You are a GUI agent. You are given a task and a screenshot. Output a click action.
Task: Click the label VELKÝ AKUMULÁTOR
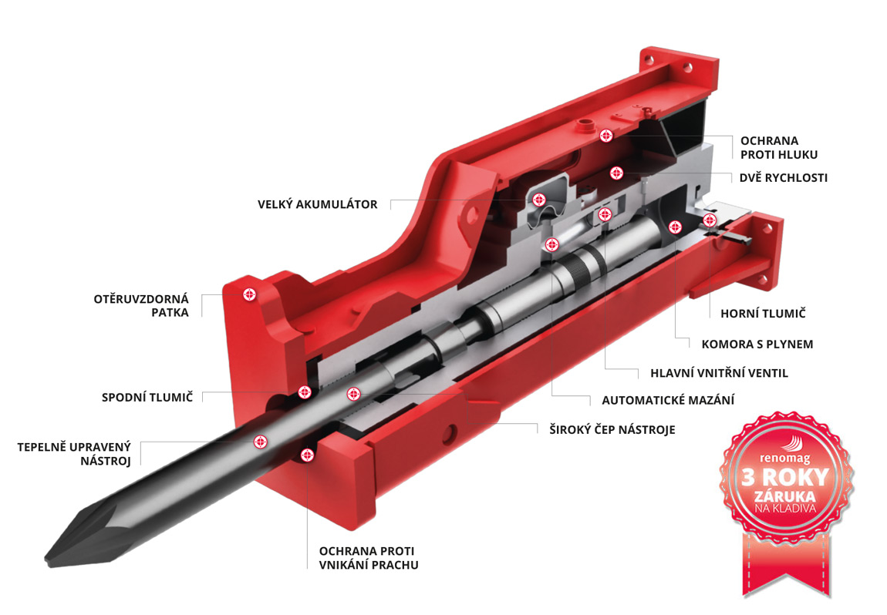point(317,204)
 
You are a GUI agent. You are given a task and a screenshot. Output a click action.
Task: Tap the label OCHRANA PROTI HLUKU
point(769,148)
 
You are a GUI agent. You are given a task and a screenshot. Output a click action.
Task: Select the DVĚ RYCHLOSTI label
point(783,178)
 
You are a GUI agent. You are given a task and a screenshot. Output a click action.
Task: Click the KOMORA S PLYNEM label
point(757,344)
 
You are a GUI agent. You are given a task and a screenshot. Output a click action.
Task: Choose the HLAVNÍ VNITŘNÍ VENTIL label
point(714,373)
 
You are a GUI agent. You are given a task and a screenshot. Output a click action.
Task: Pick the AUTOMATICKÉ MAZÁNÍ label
point(668,400)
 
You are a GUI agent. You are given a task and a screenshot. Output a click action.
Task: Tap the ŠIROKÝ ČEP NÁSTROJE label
point(606,429)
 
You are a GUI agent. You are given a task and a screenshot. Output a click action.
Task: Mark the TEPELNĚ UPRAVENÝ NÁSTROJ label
point(75,454)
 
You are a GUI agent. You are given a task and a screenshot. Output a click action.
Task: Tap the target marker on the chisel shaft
point(261,442)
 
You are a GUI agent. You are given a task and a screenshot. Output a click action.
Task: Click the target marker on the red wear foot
point(249,294)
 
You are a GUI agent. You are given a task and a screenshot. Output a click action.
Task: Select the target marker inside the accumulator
point(540,199)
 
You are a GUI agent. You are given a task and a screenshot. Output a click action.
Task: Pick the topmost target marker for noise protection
point(606,136)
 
